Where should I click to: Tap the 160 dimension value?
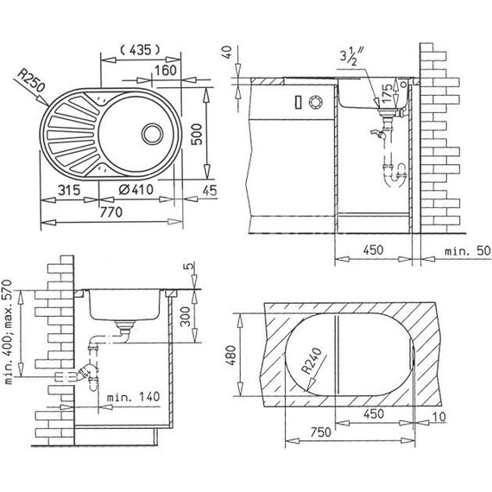pyautogui.click(x=166, y=70)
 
